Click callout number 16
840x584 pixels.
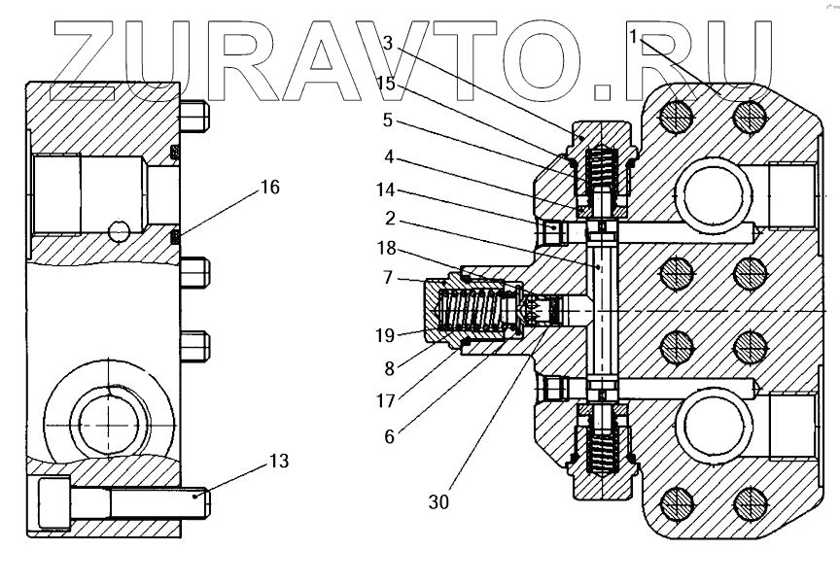[x=269, y=187]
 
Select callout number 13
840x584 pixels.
[x=278, y=462]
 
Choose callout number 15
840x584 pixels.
[x=387, y=84]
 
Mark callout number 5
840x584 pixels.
[x=387, y=121]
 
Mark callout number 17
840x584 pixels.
[x=387, y=399]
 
